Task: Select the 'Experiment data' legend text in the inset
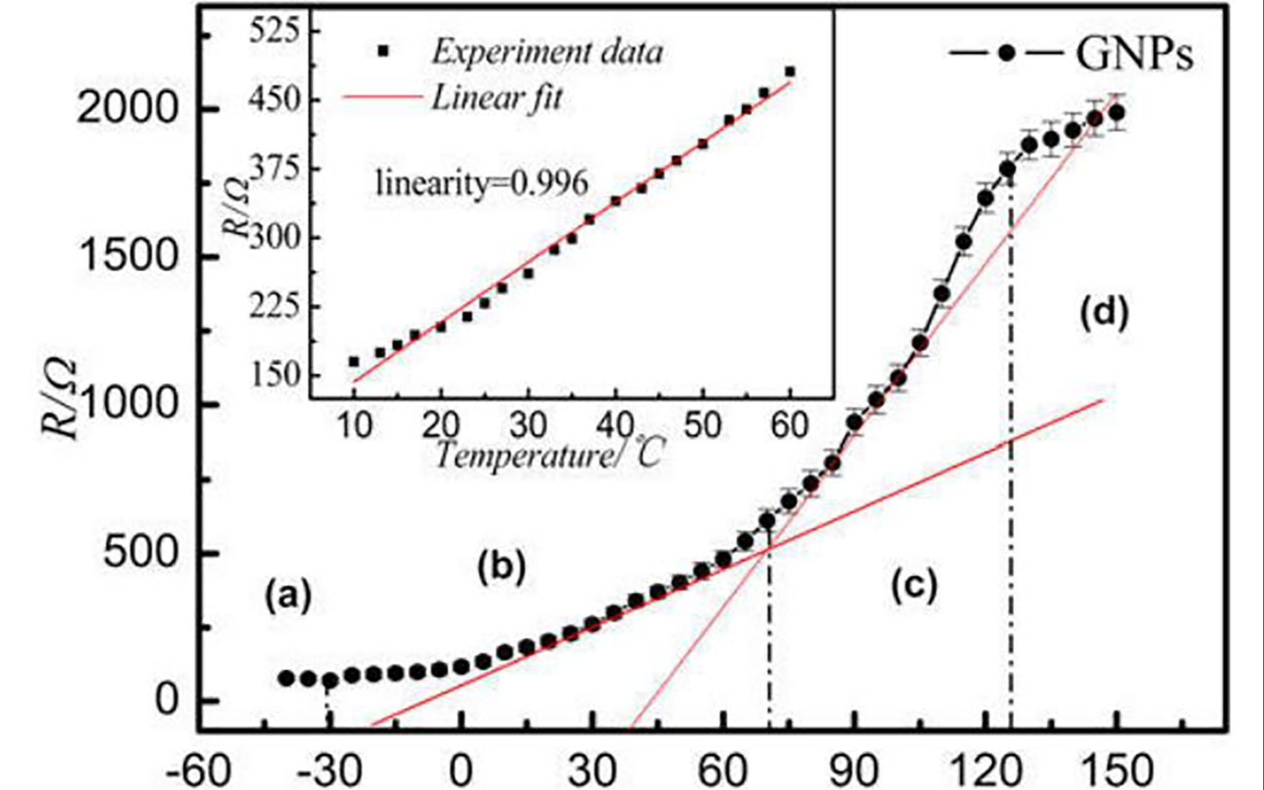coord(547,52)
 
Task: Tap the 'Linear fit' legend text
coord(496,98)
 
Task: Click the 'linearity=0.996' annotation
coord(482,183)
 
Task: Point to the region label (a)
coord(288,596)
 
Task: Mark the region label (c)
coord(914,585)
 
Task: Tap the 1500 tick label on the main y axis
coord(125,257)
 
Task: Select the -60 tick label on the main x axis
coord(197,771)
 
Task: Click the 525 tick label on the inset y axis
coord(272,30)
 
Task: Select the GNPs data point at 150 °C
coord(1117,113)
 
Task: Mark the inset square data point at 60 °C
coord(790,72)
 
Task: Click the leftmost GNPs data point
coord(286,678)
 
